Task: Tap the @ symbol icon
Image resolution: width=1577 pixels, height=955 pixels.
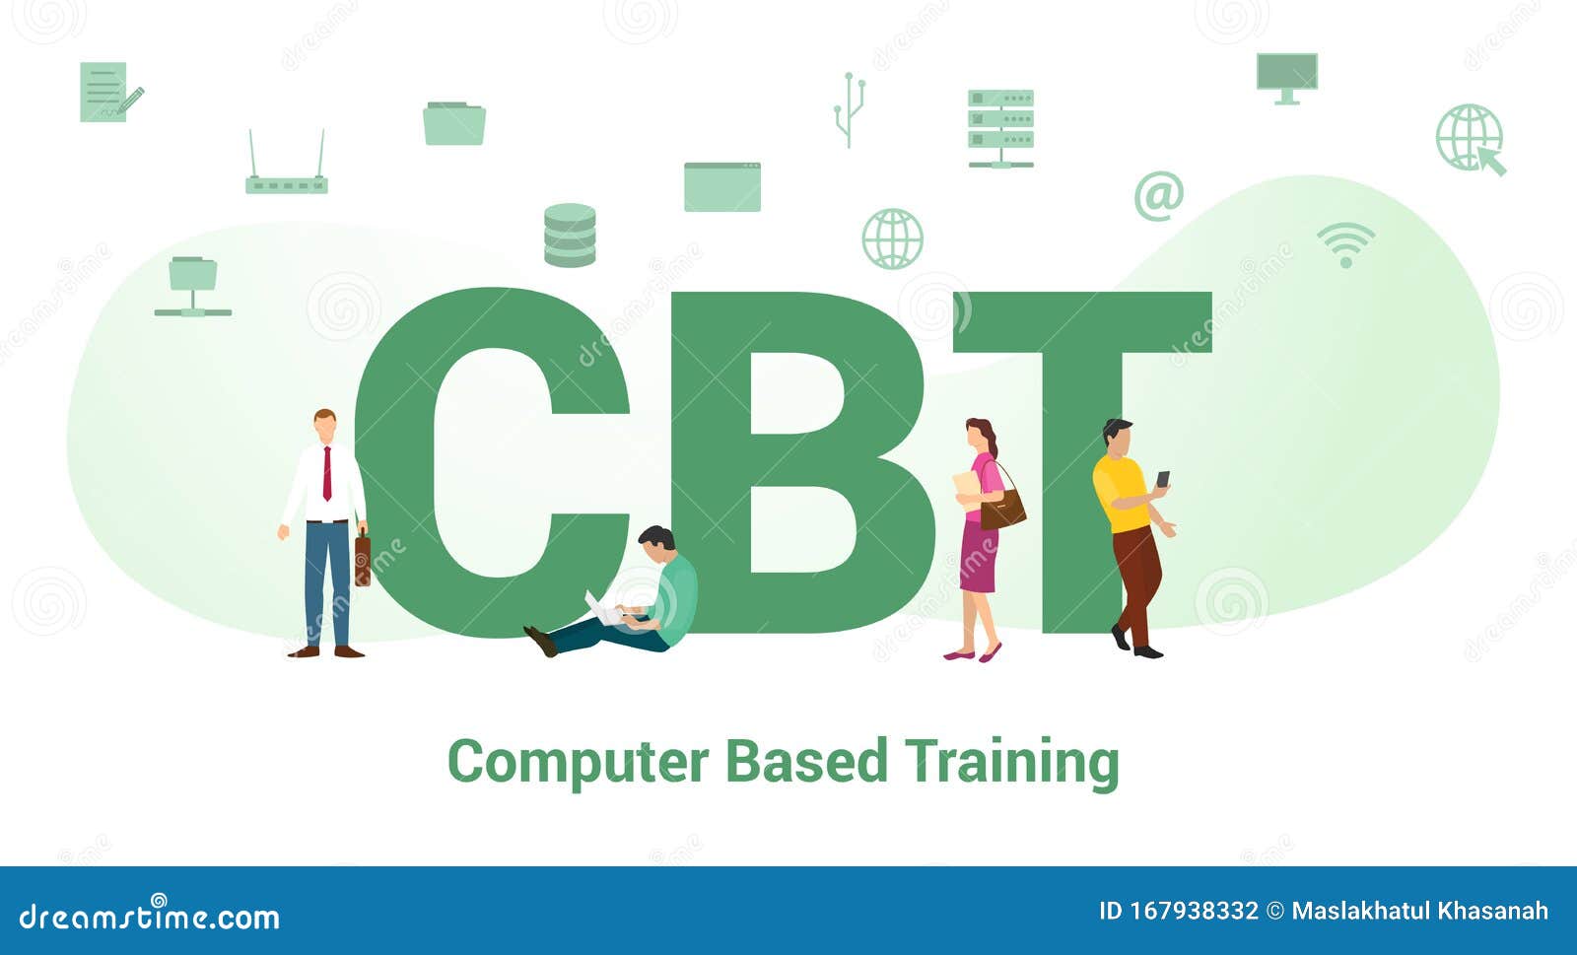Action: click(x=1158, y=195)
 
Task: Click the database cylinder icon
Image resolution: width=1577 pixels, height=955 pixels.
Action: click(x=570, y=236)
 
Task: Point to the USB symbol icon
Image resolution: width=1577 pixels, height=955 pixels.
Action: click(x=849, y=109)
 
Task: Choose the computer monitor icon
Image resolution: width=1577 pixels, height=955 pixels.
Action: click(x=1286, y=78)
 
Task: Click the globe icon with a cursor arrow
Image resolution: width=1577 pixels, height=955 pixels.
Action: click(x=1471, y=140)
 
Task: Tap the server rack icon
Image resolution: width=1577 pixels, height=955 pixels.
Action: click(x=1000, y=128)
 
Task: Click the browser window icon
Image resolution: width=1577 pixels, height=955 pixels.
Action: click(x=722, y=187)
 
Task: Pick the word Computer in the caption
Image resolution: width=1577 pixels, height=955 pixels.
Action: click(x=578, y=762)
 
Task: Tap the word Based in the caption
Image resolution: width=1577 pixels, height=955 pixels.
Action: click(x=806, y=762)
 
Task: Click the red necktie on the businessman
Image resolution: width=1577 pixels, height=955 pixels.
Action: click(x=327, y=474)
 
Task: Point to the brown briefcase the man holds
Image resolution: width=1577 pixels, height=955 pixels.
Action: click(x=363, y=559)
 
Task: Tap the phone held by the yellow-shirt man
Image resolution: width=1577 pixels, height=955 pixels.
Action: click(x=1163, y=479)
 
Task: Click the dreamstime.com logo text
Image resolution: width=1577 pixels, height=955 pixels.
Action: click(x=150, y=917)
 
